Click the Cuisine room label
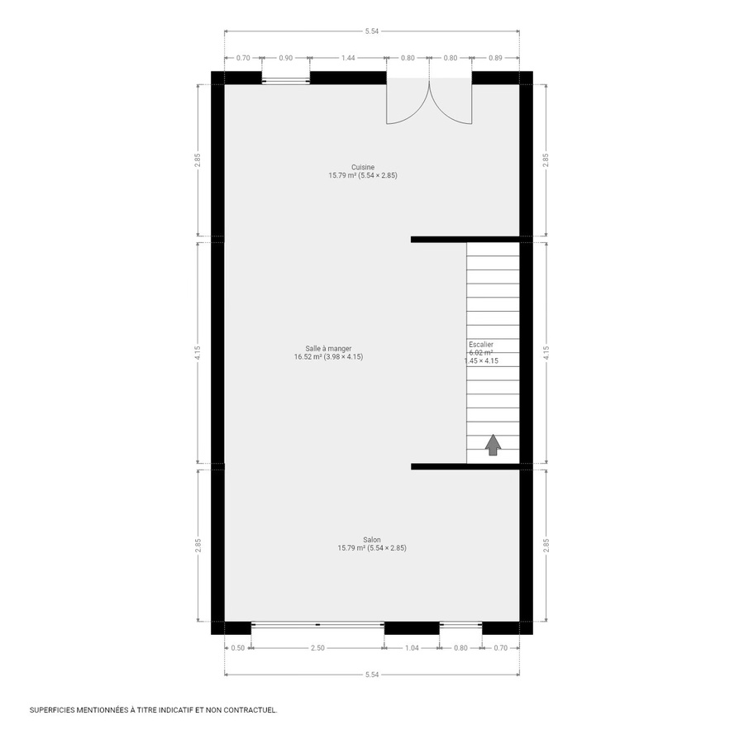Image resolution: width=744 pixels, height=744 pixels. point(363,167)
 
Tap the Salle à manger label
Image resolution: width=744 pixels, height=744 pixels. point(328,348)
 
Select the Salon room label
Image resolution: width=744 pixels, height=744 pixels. point(371,539)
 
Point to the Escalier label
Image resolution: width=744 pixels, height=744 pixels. point(481,343)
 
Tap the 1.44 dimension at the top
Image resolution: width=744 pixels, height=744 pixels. point(348,59)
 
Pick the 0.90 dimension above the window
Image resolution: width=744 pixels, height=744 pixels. point(285,59)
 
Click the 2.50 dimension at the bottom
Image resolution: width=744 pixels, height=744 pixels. point(317,648)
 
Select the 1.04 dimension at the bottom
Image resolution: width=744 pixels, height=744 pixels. point(412,648)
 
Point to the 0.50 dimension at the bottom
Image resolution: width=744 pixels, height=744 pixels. point(238,648)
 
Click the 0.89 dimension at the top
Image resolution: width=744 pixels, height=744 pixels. point(495,59)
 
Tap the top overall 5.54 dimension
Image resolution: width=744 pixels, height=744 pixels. point(371,31)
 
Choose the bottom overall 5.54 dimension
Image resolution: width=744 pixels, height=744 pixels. point(371,675)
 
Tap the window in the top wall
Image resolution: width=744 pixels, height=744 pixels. point(286,80)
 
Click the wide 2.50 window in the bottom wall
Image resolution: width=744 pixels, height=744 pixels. point(317,625)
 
